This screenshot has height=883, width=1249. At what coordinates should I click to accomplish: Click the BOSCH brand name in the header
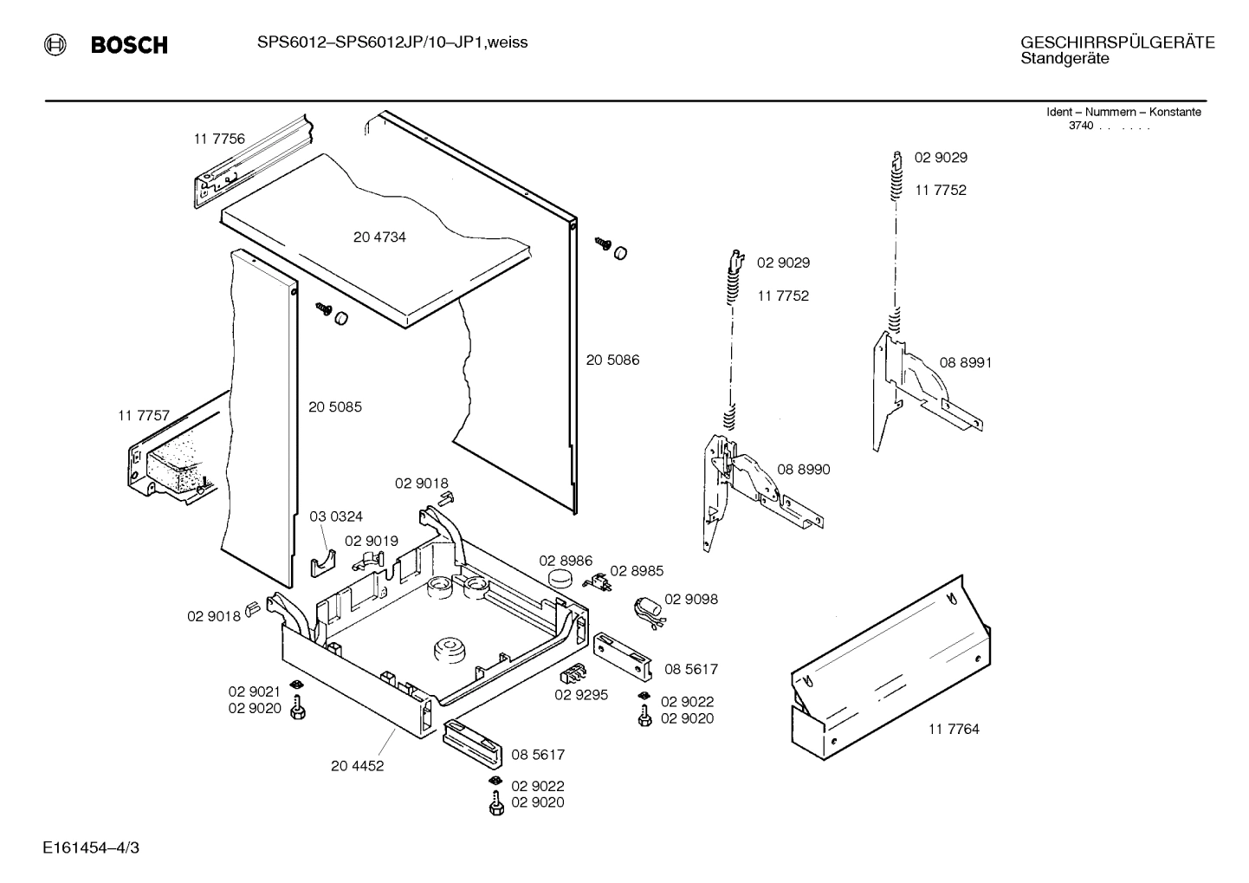coord(129,45)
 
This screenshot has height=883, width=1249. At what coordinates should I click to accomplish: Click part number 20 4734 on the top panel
coord(379,237)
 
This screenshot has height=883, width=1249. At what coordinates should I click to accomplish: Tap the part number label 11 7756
coord(219,139)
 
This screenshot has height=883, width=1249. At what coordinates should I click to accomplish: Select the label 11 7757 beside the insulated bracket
coord(144,416)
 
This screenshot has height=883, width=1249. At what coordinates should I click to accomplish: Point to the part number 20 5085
coord(335,406)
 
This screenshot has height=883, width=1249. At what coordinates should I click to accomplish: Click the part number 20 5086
coord(612,360)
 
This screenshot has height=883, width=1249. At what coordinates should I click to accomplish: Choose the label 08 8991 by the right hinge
coord(966,362)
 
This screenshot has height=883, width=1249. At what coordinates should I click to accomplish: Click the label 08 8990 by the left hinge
coord(803,469)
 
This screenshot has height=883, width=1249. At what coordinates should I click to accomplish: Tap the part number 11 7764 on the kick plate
coord(954,729)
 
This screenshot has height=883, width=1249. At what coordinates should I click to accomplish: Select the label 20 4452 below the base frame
coord(357,765)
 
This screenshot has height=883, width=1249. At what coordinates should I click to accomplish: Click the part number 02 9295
coord(581,694)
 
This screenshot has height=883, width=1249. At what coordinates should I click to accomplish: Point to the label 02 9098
coord(691,599)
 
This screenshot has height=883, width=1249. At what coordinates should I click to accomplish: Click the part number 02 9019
coord(372,541)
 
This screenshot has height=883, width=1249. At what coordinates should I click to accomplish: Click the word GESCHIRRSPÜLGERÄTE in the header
coord(1117,42)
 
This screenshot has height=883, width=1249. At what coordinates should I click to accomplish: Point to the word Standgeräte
coord(1065,59)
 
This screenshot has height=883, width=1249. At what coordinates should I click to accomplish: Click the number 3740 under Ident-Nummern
coord(1081,126)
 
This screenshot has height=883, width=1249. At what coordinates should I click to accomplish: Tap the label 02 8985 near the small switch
coord(637,570)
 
